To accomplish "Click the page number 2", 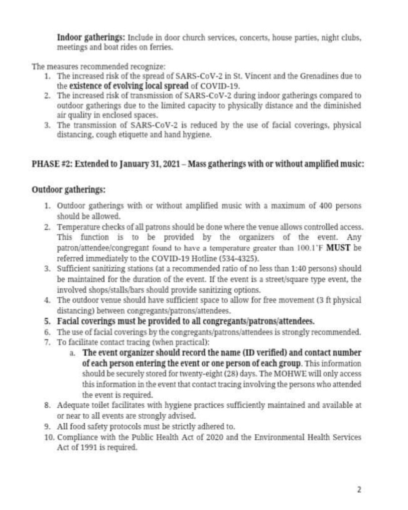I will pos(359,489).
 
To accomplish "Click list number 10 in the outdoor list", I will pos(49,437).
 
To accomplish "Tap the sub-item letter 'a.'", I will pos(73,352).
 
